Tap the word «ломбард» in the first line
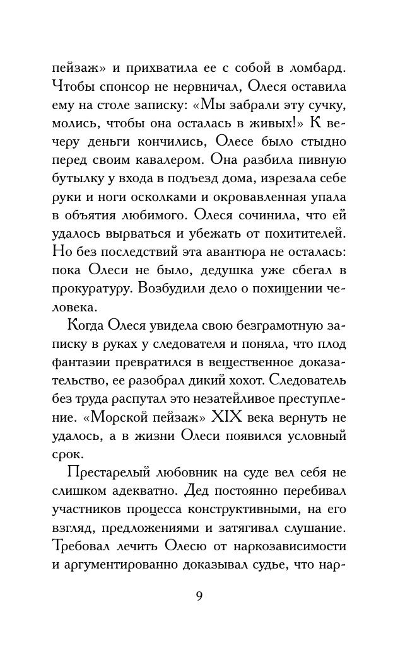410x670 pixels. tap(317, 67)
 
